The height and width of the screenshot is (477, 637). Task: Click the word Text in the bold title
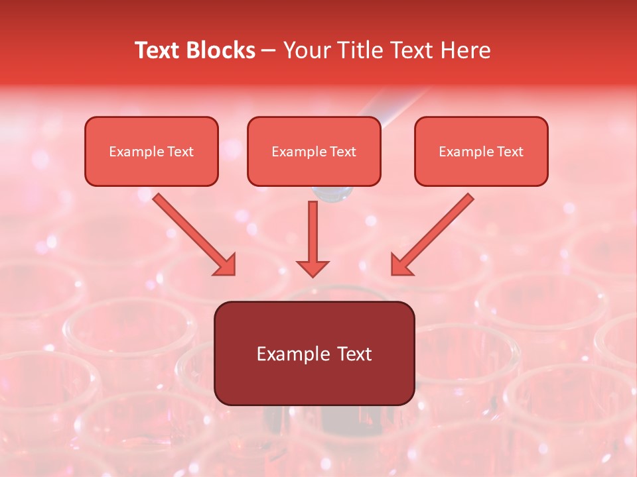pyautogui.click(x=157, y=50)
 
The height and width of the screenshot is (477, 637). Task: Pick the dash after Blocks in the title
pyautogui.click(x=269, y=51)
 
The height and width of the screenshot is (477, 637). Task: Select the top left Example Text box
pyautogui.click(x=151, y=152)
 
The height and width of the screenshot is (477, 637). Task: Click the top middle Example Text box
pyautogui.click(x=314, y=152)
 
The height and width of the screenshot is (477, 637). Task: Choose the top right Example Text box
pyautogui.click(x=481, y=152)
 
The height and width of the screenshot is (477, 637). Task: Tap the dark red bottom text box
pyautogui.click(x=314, y=354)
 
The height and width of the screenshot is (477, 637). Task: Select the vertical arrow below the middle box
pyautogui.click(x=312, y=238)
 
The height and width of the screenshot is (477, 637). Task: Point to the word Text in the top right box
pyautogui.click(x=510, y=152)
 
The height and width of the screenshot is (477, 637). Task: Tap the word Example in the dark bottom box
pyautogui.click(x=294, y=354)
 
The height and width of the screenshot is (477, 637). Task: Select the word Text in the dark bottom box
pyautogui.click(x=355, y=354)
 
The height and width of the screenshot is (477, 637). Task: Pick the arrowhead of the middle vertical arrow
pyautogui.click(x=312, y=268)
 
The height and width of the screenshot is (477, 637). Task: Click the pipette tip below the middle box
pyautogui.click(x=332, y=193)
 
